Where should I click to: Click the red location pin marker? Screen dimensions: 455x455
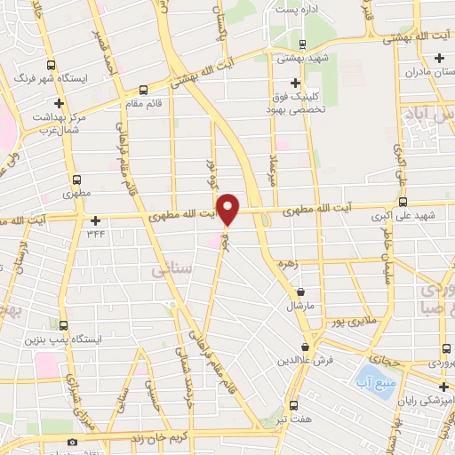pyautogui.click(x=229, y=208)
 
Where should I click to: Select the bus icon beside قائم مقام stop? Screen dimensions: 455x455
pyautogui.click(x=143, y=90)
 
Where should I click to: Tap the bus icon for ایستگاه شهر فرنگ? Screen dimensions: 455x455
pyautogui.click(x=51, y=65)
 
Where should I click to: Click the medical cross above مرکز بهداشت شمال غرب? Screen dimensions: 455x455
pyautogui.click(x=58, y=104)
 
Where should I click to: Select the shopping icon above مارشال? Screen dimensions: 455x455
pyautogui.click(x=301, y=291)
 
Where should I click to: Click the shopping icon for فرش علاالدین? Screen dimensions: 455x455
pyautogui.click(x=306, y=347)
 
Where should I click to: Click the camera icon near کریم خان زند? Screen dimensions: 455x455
pyautogui.click(x=72, y=441)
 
